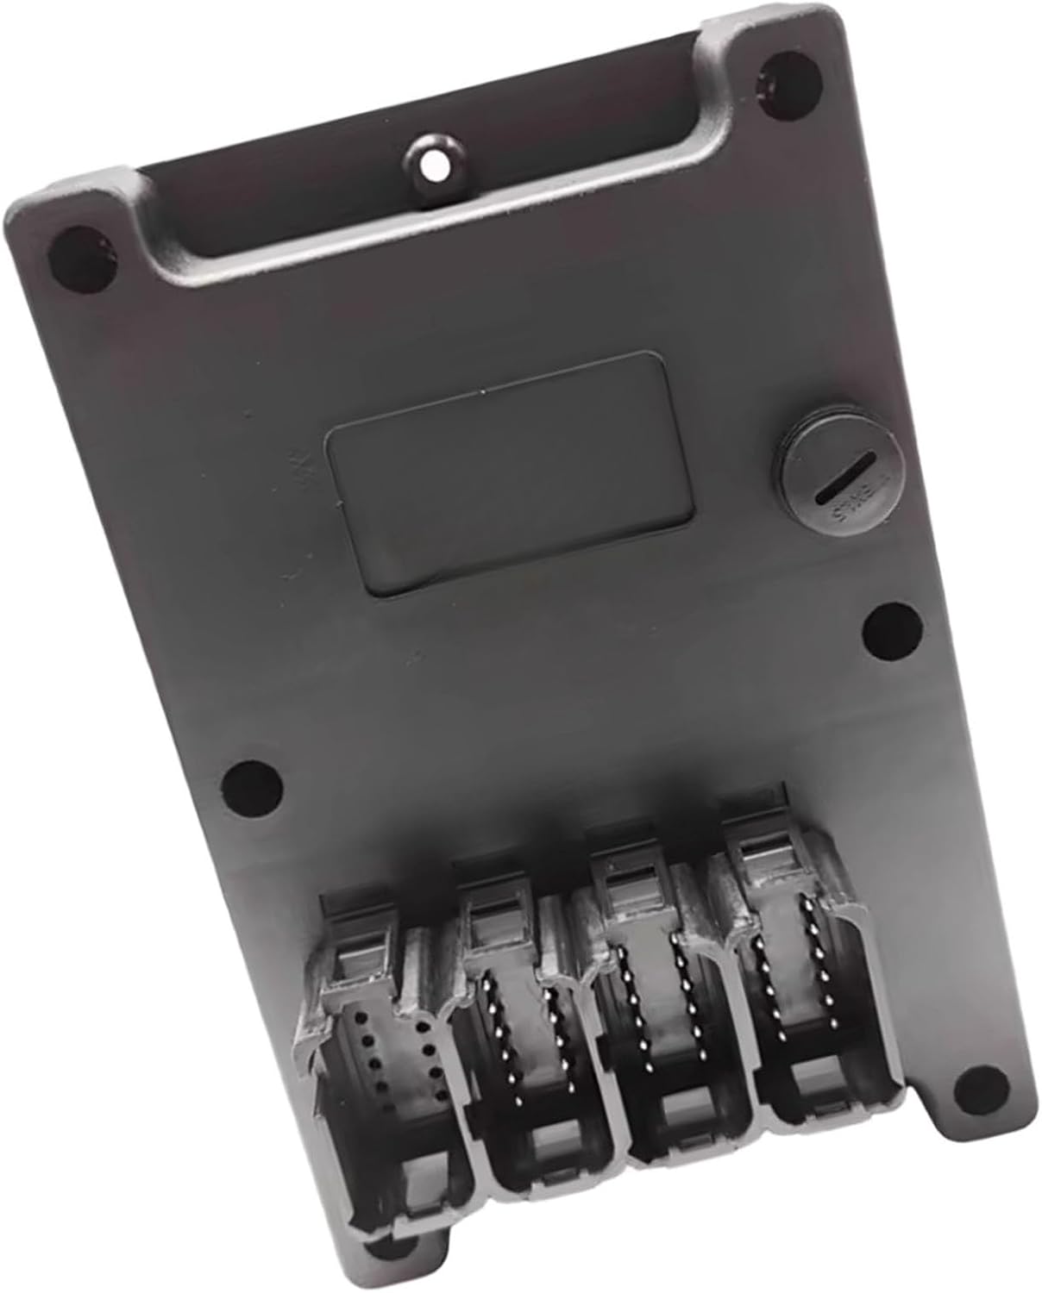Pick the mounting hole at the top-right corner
(784, 80)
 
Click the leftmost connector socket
(388, 1077)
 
